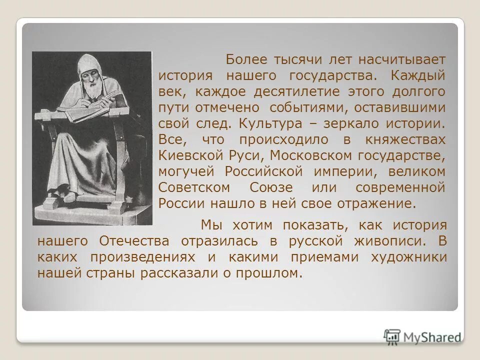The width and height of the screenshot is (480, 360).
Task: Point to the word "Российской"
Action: tap(263, 171)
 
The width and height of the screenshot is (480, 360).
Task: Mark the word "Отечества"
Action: tap(134, 241)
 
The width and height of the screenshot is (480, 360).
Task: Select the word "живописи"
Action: tap(394, 241)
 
